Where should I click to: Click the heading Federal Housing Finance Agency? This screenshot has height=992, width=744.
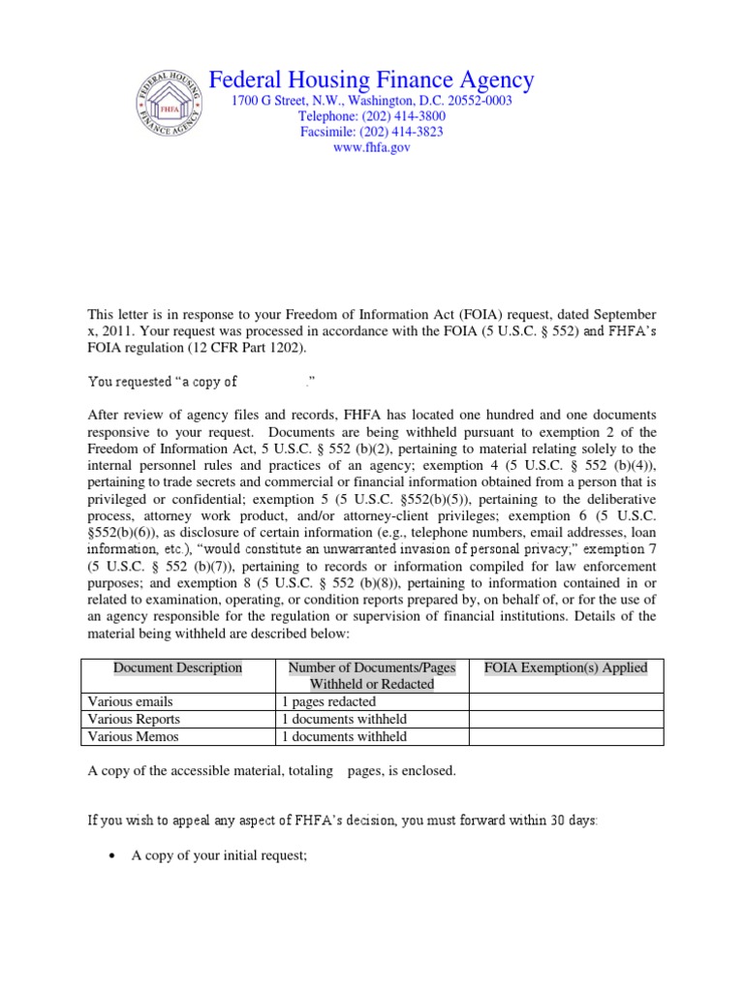372,79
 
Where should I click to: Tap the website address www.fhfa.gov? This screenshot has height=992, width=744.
372,147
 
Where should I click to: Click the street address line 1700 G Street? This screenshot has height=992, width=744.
371,101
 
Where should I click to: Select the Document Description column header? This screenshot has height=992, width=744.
178,667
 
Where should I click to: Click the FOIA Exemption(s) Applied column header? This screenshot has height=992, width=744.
567,667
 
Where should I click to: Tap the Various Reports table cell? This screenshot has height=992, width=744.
134,720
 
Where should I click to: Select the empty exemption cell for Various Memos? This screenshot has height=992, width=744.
567,736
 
